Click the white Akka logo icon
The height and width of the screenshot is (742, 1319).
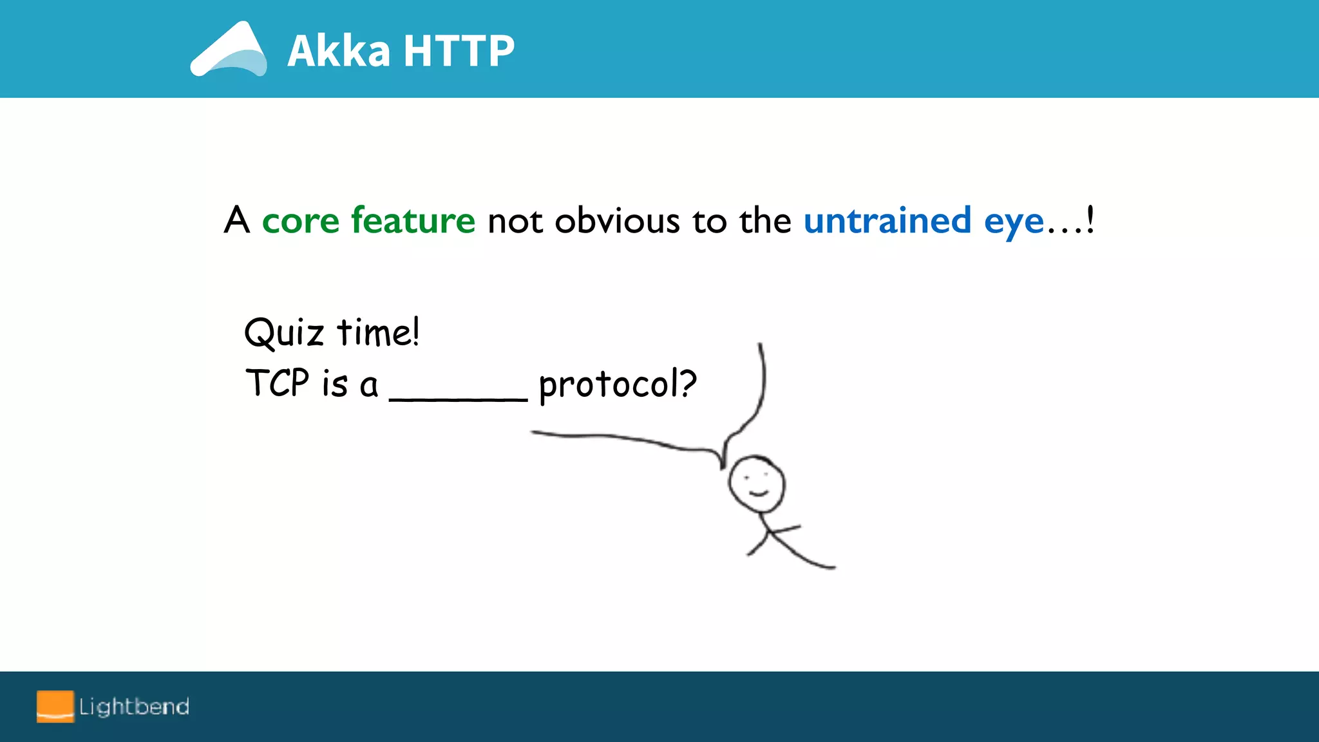[229, 50]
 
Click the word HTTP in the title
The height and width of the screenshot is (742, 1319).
[459, 51]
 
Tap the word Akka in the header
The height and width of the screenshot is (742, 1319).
[339, 51]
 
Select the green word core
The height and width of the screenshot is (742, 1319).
[300, 221]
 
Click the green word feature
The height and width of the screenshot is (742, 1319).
[413, 220]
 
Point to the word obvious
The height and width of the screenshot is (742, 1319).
[617, 221]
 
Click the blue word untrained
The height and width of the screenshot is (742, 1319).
[887, 221]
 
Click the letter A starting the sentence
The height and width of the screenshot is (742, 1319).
[236, 220]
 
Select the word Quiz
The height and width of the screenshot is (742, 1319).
[283, 334]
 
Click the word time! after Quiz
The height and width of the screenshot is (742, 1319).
[379, 333]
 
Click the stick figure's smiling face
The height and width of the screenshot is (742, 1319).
[757, 484]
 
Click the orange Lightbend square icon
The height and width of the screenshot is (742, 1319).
[55, 707]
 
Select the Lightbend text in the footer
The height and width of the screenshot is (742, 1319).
[134, 707]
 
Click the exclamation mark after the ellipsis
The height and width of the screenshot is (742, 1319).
[1090, 220]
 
